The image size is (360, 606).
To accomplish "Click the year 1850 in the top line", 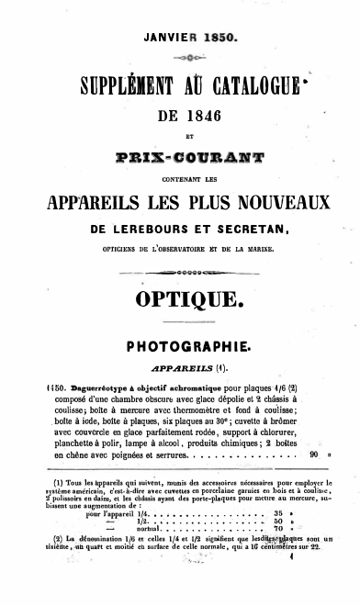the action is click(x=216, y=39).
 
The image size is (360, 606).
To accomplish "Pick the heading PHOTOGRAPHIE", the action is click(x=180, y=349).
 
